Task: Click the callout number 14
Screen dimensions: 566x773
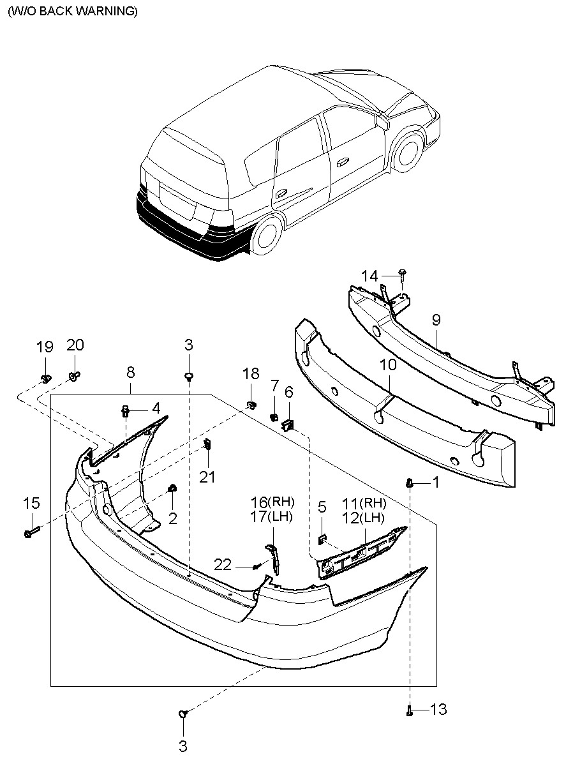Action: coord(369,276)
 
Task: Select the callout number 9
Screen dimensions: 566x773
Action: coord(436,320)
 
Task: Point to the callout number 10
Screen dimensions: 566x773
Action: coord(388,364)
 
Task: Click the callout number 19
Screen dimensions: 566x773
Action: coord(45,347)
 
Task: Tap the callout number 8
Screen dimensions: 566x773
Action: coord(130,372)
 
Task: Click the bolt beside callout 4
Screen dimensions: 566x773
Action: coord(125,411)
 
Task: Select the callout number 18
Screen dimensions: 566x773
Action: coord(250,373)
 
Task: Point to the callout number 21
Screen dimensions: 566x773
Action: coord(207,477)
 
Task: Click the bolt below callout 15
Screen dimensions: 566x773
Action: coord(32,533)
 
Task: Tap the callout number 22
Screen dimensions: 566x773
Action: coord(223,565)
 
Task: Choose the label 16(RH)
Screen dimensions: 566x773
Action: coord(272,502)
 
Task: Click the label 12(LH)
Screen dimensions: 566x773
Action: coord(363,518)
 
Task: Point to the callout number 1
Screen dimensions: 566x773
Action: coord(436,482)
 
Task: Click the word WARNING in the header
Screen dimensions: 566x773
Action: coord(107,11)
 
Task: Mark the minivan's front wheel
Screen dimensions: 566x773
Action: coord(409,152)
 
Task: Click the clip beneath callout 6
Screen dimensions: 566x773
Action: coord(288,425)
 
